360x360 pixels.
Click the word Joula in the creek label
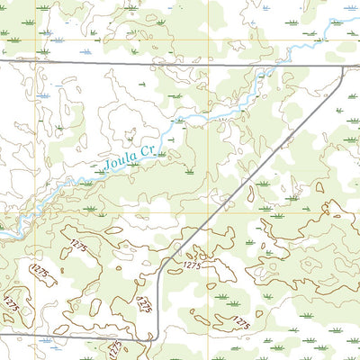coord(119,162)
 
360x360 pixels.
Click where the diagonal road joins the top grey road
coord(344,68)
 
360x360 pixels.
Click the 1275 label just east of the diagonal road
coord(191,266)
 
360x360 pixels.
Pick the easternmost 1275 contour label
coord(239,321)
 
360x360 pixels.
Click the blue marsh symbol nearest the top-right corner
coord(349,20)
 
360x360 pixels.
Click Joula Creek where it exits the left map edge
coord(2,236)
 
